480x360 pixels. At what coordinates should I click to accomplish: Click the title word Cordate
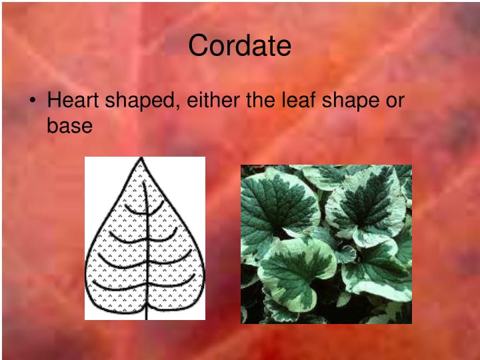click(239, 46)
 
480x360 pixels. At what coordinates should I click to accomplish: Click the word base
click(69, 125)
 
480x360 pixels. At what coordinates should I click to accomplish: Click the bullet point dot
click(33, 102)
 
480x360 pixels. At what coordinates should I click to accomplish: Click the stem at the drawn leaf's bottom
click(145, 312)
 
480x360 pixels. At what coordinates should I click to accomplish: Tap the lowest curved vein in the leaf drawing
click(144, 287)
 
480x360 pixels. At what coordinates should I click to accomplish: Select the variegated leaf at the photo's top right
click(367, 200)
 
